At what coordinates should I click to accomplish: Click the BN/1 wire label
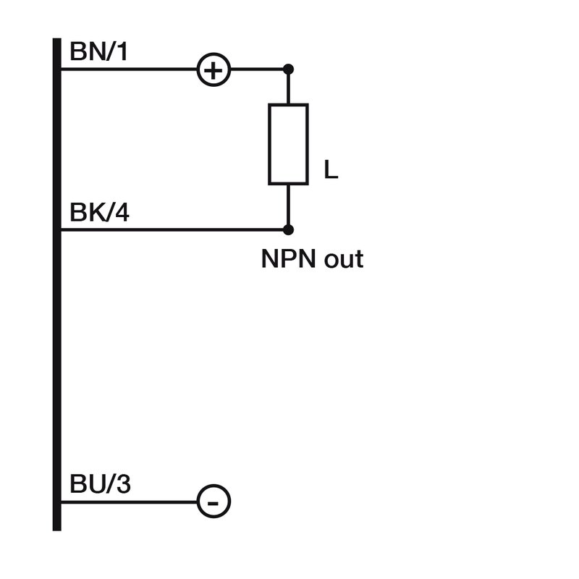pyautogui.click(x=99, y=52)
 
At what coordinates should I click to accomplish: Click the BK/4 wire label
pyautogui.click(x=100, y=214)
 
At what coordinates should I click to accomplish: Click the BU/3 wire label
pyautogui.click(x=100, y=484)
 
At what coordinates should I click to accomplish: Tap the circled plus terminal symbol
pyautogui.click(x=214, y=70)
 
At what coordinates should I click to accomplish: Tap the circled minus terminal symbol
pyautogui.click(x=214, y=502)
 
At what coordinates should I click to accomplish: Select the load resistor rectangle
pyautogui.click(x=288, y=143)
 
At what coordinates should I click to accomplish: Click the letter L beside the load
pyautogui.click(x=331, y=172)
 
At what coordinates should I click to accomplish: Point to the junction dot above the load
pyautogui.click(x=288, y=69)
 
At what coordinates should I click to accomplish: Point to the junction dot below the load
pyautogui.click(x=288, y=230)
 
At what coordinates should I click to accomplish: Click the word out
pyautogui.click(x=343, y=259)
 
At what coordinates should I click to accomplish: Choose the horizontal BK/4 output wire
pyautogui.click(x=174, y=230)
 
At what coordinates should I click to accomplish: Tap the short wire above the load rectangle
pyautogui.click(x=288, y=88)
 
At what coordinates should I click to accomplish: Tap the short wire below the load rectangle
pyautogui.click(x=288, y=206)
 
